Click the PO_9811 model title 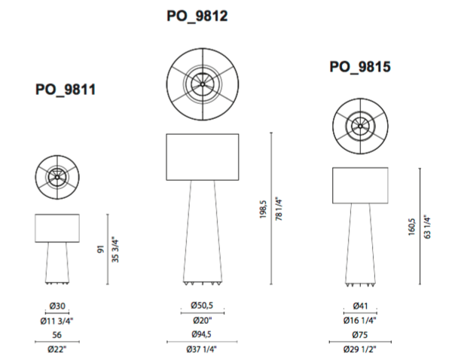click(66, 90)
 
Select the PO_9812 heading click(197, 16)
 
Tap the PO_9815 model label click(360, 67)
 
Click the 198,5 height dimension click(263, 209)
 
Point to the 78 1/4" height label click(279, 209)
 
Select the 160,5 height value click(412, 227)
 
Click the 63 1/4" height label click(427, 227)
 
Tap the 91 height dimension click(100, 249)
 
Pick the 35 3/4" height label click(115, 251)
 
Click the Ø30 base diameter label click(57, 306)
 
